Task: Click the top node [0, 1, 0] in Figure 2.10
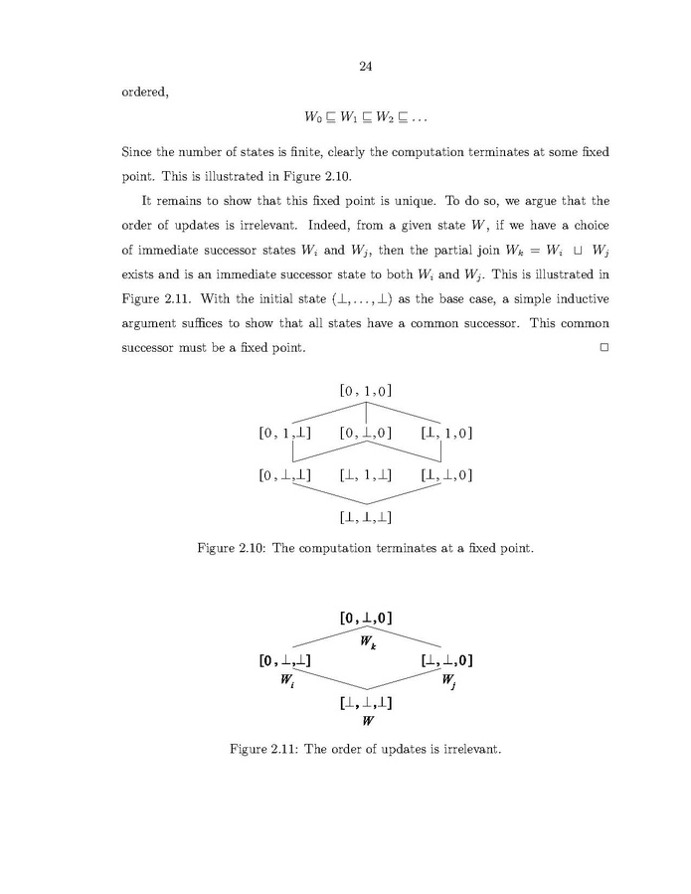point(366,390)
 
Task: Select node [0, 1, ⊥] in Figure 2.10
point(284,433)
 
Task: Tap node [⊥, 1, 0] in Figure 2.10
point(446,433)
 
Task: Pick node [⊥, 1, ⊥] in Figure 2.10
point(366,474)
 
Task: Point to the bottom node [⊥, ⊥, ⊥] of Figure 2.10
point(366,516)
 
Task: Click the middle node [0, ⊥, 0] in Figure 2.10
point(366,433)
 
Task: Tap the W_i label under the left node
point(284,681)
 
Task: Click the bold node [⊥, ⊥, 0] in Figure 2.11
point(446,660)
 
